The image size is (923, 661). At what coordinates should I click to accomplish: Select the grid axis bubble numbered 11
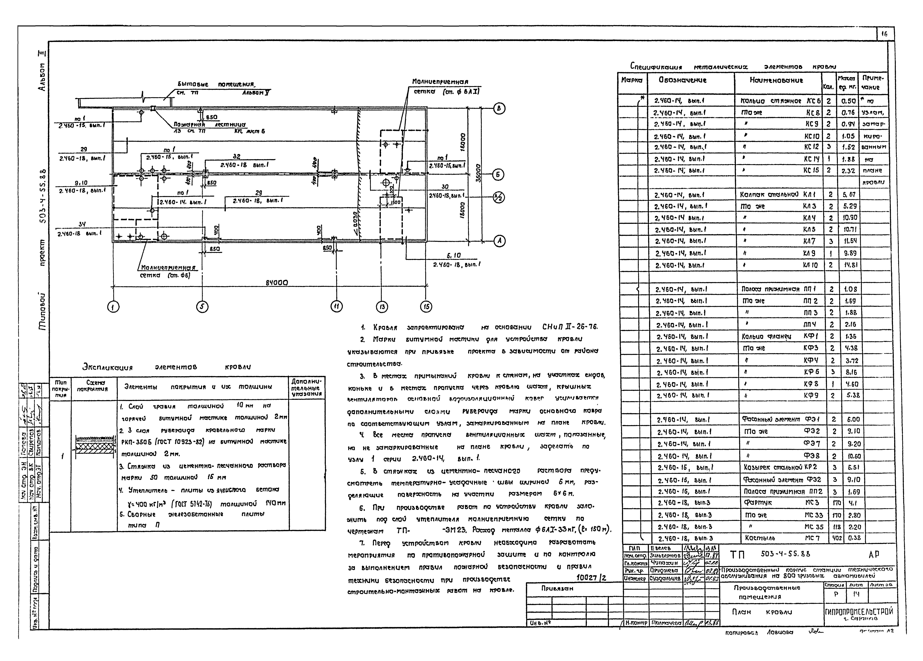[337, 306]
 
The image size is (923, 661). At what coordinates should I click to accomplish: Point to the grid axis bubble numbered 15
[426, 306]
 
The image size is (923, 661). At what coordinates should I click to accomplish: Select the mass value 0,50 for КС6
[849, 101]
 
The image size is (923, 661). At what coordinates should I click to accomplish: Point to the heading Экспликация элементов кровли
[167, 367]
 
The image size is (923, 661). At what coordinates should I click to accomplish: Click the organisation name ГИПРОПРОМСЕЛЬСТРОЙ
[859, 611]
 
